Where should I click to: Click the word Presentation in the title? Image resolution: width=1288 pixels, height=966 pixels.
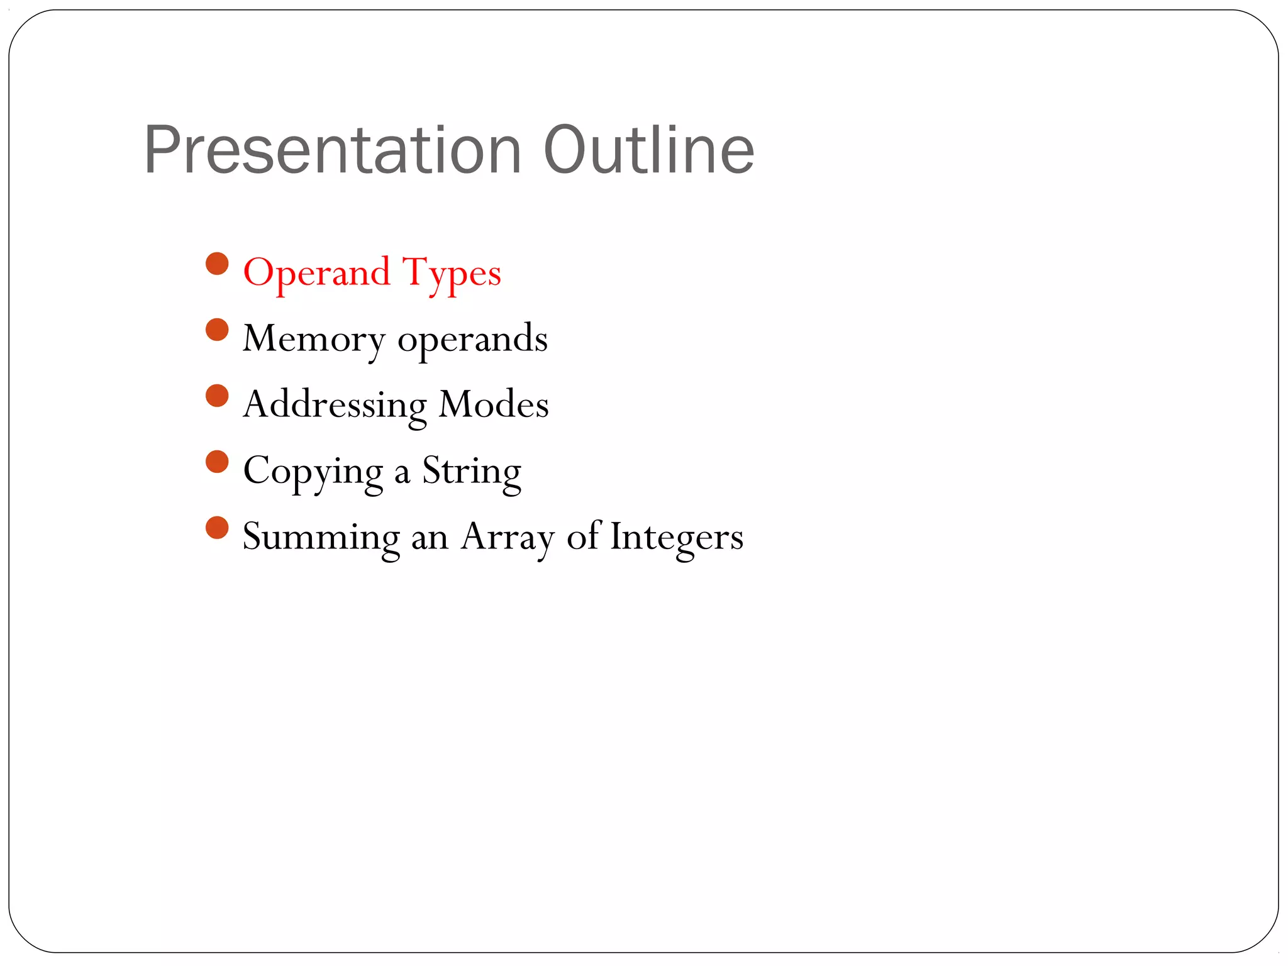coord(333,151)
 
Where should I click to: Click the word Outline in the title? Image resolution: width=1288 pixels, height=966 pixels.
coord(648,151)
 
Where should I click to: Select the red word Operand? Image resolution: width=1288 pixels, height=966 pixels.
coord(316,273)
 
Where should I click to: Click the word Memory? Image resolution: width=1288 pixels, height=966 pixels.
coord(313,340)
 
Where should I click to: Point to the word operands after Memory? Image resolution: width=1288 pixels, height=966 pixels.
coord(472,340)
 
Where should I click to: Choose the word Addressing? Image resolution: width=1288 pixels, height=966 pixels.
coord(335,406)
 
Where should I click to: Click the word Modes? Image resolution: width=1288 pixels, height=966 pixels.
coord(494,404)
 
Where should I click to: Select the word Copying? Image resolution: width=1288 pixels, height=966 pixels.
coord(313,472)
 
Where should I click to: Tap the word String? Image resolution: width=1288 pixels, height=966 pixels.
coord(472,472)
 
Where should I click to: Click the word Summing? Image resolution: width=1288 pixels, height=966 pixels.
coord(321,538)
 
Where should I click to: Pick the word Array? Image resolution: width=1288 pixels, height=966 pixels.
coord(508,538)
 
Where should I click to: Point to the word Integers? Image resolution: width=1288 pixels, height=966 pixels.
coord(677,538)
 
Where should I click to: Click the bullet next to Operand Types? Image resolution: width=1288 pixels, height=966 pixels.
coord(217,264)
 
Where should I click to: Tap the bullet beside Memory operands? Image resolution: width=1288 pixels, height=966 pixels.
coord(217,330)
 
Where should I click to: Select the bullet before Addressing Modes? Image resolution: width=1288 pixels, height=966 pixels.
coord(217,396)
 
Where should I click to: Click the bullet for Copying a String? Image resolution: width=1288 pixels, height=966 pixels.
coord(217,462)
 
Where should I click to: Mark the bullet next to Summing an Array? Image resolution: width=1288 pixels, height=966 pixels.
coord(217,528)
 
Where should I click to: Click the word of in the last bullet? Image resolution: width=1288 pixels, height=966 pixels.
coord(584,536)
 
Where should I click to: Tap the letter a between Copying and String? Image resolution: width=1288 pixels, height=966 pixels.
coord(402,474)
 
